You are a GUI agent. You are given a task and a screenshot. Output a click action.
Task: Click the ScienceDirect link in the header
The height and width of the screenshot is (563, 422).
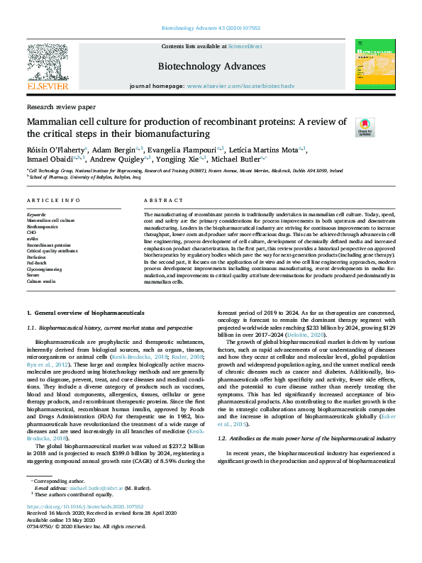(x=245, y=46)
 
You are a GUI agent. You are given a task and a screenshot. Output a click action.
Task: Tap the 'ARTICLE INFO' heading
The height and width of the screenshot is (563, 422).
(x=52, y=201)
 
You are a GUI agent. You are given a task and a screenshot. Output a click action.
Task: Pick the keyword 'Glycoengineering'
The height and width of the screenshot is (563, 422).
(x=44, y=270)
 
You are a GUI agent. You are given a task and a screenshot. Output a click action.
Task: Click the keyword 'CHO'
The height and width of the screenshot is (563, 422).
(x=32, y=230)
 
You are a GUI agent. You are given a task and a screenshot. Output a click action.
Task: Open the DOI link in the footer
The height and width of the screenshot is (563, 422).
(x=85, y=507)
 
